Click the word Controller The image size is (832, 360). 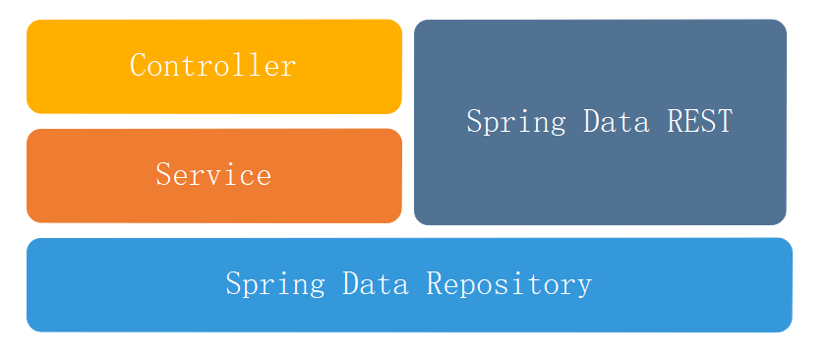coord(212,66)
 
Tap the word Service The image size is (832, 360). coord(213,175)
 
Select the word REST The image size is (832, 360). coord(699,122)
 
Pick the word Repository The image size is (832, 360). coord(509,284)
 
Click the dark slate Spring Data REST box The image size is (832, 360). coord(600,187)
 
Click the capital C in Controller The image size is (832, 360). coord(138,66)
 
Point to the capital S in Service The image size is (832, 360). coord(163,175)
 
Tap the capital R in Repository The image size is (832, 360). coord(435,283)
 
